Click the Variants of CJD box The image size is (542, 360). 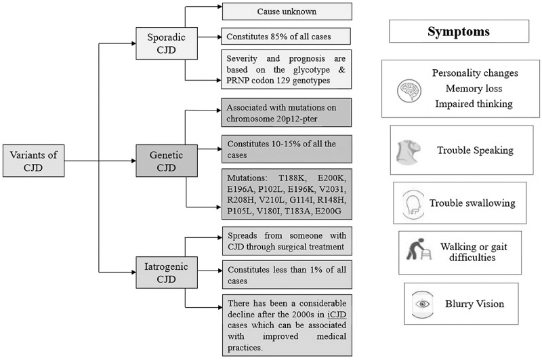[x=33, y=161]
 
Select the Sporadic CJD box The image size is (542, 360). [x=167, y=43]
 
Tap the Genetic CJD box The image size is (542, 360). [x=167, y=161]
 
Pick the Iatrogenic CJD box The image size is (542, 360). [x=167, y=273]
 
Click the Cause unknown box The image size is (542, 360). [x=287, y=12]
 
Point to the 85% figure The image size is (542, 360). [x=280, y=37]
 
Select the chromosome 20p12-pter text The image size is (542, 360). [x=272, y=119]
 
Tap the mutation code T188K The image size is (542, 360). [x=292, y=178]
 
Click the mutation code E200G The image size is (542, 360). [x=328, y=212]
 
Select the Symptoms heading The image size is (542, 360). [x=459, y=31]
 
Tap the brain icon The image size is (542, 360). [x=409, y=91]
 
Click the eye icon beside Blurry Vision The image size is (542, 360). [x=422, y=304]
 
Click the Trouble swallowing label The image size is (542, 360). [x=472, y=203]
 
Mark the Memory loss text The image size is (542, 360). [x=474, y=89]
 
